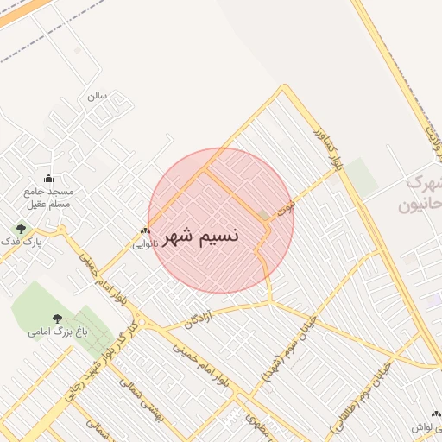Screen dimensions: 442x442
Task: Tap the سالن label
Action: coord(97,96)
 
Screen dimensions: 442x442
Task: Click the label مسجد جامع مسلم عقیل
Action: coord(48,198)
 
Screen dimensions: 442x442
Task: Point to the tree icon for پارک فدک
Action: coord(21,230)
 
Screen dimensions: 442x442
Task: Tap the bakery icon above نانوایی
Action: coord(145,230)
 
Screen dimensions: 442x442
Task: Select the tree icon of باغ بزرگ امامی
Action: coord(57,319)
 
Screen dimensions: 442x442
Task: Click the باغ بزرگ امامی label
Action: coord(49,331)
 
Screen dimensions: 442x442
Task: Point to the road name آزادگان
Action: coord(199,320)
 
